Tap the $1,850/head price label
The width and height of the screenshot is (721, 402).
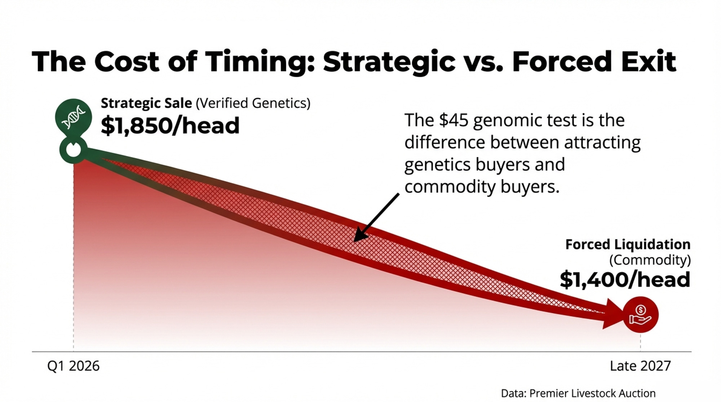point(170,125)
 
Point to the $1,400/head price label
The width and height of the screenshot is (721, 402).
point(625,280)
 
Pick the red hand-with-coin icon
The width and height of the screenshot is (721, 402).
point(641,314)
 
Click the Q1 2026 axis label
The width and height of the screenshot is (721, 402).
point(73,366)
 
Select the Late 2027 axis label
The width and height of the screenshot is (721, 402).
point(640,366)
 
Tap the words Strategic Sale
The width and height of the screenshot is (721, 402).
point(146,103)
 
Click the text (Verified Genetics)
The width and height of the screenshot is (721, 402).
point(253,103)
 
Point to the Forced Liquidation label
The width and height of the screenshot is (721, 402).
point(628,244)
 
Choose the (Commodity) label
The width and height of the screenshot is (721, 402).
point(650,260)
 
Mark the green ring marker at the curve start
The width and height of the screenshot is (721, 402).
point(74,149)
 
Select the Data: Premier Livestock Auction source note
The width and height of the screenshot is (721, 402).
point(578,393)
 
